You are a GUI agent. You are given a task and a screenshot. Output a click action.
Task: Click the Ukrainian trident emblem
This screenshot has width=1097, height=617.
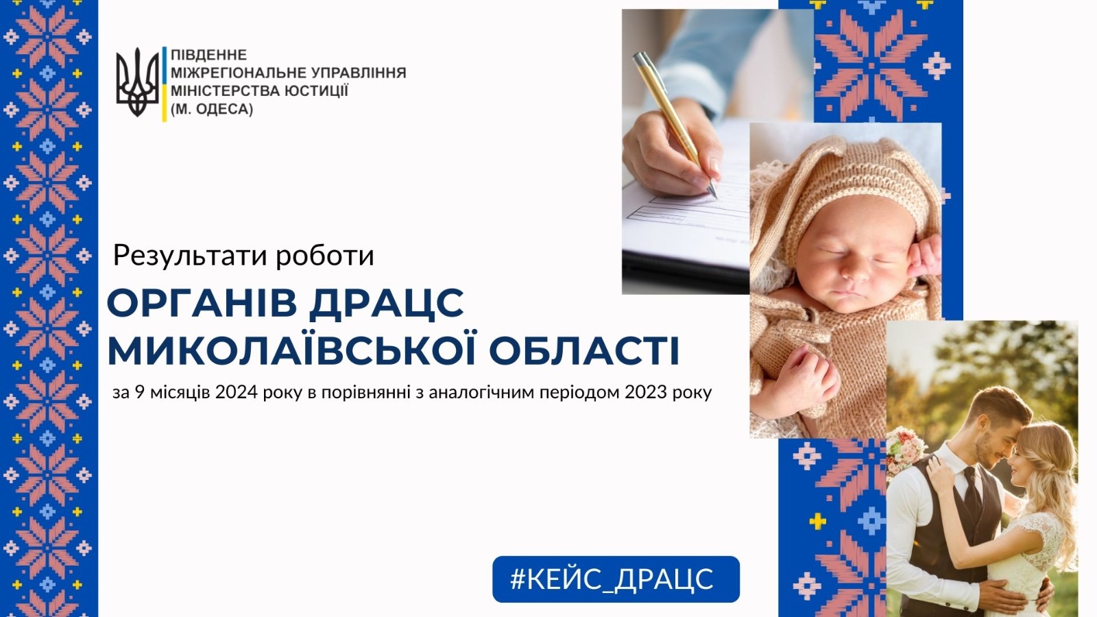tap(138, 82)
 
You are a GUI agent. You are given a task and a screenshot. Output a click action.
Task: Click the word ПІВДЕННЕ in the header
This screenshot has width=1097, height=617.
tap(208, 54)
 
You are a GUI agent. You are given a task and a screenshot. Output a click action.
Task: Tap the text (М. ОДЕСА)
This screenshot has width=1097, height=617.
tap(212, 109)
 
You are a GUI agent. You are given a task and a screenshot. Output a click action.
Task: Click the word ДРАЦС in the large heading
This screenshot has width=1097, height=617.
tap(387, 304)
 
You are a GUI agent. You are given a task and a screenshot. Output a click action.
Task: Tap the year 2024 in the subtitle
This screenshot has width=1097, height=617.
tap(236, 393)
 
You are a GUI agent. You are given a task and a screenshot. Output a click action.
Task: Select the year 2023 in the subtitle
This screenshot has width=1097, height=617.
tap(646, 393)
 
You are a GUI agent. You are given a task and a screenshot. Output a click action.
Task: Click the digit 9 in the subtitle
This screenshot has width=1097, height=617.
tap(140, 393)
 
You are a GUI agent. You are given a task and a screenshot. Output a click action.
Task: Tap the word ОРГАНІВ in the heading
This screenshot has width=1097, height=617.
tap(202, 304)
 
